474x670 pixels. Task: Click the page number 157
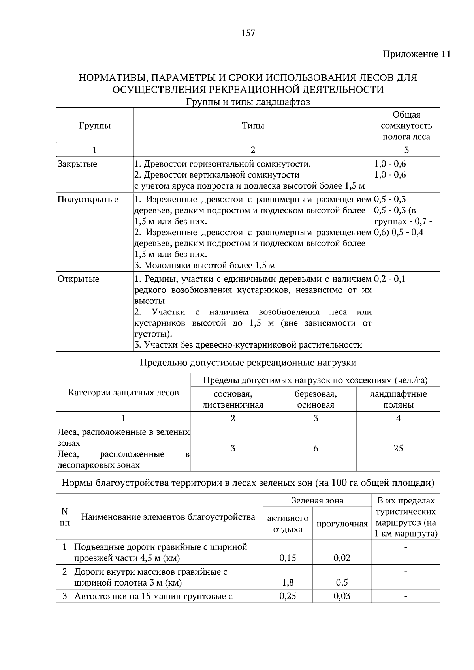pos(248,33)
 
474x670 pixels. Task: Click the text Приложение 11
pos(416,54)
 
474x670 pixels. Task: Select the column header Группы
pos(94,126)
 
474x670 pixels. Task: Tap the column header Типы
pos(253,126)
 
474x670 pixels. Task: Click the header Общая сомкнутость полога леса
pos(406,126)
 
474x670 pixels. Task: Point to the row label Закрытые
pos(77,164)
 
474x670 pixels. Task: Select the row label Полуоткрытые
pos(88,200)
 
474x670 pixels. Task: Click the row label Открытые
pos(78,279)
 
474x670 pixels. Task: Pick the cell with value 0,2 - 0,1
pos(389,279)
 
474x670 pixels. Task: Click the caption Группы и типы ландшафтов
pos(248,102)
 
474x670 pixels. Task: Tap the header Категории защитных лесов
pos(123,393)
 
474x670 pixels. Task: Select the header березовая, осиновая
pos(315,399)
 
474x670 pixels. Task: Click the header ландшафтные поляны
pos(398,399)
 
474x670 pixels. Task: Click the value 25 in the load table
pos(398,448)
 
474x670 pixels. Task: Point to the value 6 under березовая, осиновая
pos(315,448)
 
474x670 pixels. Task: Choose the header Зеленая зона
pos(317,500)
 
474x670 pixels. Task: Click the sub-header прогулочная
pos(342,524)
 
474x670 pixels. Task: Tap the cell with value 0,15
pos(288,558)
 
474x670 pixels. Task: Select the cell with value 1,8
pos(288,582)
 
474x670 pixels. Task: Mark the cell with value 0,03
pos(342,596)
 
